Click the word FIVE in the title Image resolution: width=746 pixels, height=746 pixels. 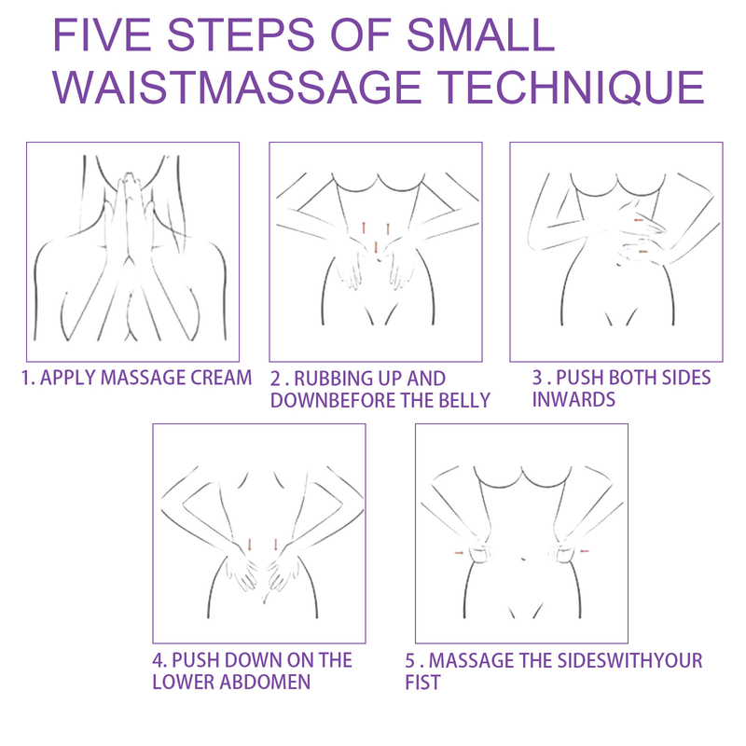pyautogui.click(x=102, y=35)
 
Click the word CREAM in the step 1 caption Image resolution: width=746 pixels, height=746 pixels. pyautogui.click(x=221, y=378)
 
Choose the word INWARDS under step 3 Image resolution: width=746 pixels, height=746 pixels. pyautogui.click(x=573, y=399)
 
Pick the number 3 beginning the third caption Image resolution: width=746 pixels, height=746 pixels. pyautogui.click(x=537, y=378)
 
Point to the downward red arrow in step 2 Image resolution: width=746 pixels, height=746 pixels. pyautogui.click(x=376, y=248)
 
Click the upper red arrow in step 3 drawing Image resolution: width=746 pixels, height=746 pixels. pyautogui.click(x=639, y=220)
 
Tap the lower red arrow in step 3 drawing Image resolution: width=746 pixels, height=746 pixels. pyautogui.click(x=642, y=251)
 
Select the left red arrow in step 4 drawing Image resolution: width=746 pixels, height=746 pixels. pyautogui.click(x=249, y=546)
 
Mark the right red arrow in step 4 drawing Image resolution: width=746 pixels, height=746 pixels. pyautogui.click(x=275, y=546)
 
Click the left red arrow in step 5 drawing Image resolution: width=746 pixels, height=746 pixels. pyautogui.click(x=459, y=553)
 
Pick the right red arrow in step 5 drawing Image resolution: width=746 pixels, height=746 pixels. pyautogui.click(x=585, y=551)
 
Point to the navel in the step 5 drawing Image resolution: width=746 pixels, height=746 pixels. pyautogui.click(x=523, y=559)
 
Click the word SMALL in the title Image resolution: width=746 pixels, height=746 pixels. pyautogui.click(x=480, y=35)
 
